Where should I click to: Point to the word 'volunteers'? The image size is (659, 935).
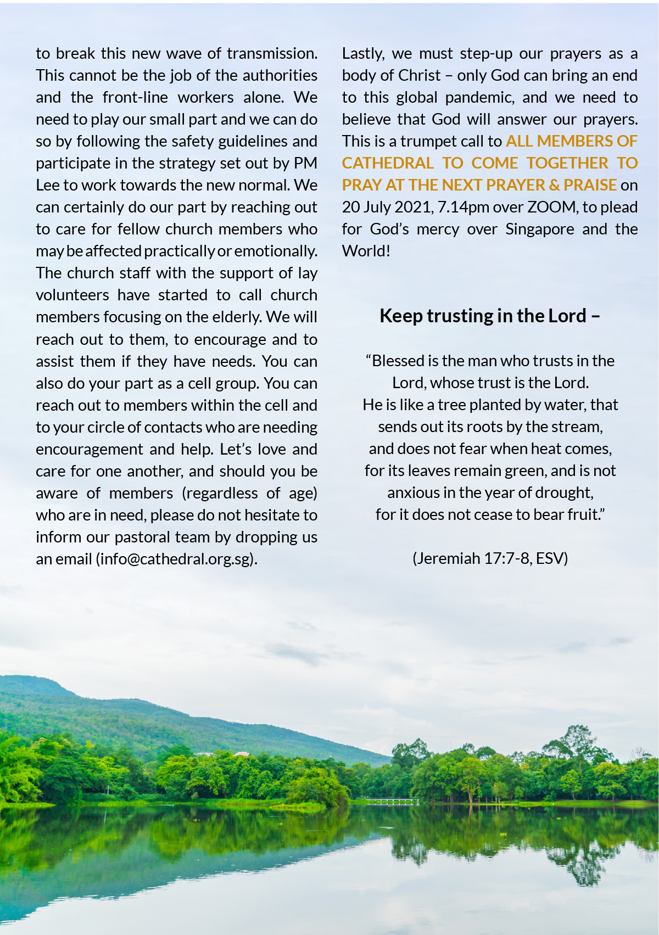72,295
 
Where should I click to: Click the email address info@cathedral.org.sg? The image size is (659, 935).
176,559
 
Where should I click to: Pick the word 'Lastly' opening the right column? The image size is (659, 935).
362,54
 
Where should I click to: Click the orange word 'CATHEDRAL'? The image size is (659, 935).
388,164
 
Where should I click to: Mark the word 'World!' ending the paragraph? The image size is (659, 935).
366,251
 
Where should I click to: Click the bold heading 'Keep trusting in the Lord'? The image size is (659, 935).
483,316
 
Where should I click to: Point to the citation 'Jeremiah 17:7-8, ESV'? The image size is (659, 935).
490,559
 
